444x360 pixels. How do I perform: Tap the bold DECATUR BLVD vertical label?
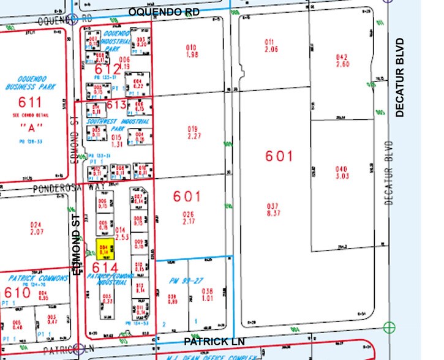(401, 78)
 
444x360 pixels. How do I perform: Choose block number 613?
(116, 105)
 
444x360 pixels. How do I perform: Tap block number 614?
(105, 268)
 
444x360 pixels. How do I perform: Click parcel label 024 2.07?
(38, 228)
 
